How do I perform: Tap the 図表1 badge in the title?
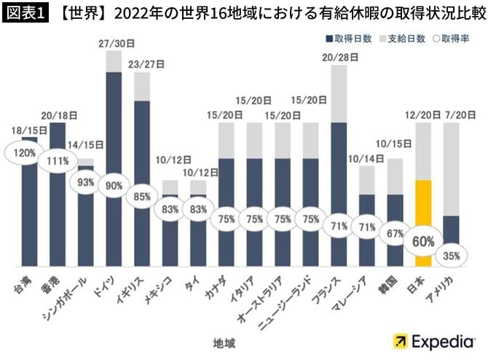point(25,13)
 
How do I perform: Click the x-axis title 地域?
point(223,341)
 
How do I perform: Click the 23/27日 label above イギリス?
point(143,64)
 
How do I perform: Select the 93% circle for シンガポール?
point(86,181)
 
